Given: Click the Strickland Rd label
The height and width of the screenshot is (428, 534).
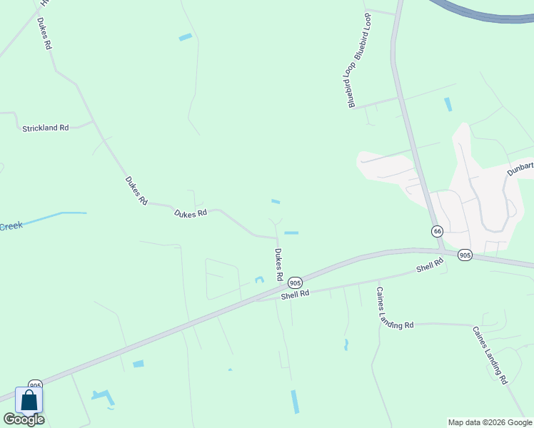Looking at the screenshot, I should (45, 128).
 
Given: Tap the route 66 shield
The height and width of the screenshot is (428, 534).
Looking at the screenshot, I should (437, 231).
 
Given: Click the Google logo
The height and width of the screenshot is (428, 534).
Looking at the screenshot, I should (24, 419).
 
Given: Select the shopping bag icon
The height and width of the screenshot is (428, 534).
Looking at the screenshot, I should (29, 400).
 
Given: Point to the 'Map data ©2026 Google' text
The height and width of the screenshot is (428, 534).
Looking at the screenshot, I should (490, 422).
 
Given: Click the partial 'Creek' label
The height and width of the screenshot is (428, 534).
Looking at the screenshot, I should (11, 226).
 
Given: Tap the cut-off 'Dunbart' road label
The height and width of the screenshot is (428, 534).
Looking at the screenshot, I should (520, 168).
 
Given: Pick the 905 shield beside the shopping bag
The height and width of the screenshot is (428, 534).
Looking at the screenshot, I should (35, 386).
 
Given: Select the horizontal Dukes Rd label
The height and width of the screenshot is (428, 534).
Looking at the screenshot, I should (191, 213).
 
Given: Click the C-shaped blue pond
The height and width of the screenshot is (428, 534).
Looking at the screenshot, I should (259, 279).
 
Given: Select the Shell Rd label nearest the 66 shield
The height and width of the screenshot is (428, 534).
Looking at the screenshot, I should (430, 265).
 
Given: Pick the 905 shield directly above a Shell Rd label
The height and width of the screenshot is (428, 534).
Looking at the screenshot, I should (296, 283).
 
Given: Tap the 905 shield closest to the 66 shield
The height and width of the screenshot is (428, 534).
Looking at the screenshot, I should (465, 255).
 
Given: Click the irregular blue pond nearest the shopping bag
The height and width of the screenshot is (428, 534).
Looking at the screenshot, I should (104, 397).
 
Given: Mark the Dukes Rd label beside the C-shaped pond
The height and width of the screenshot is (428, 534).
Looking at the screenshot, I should (278, 264).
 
